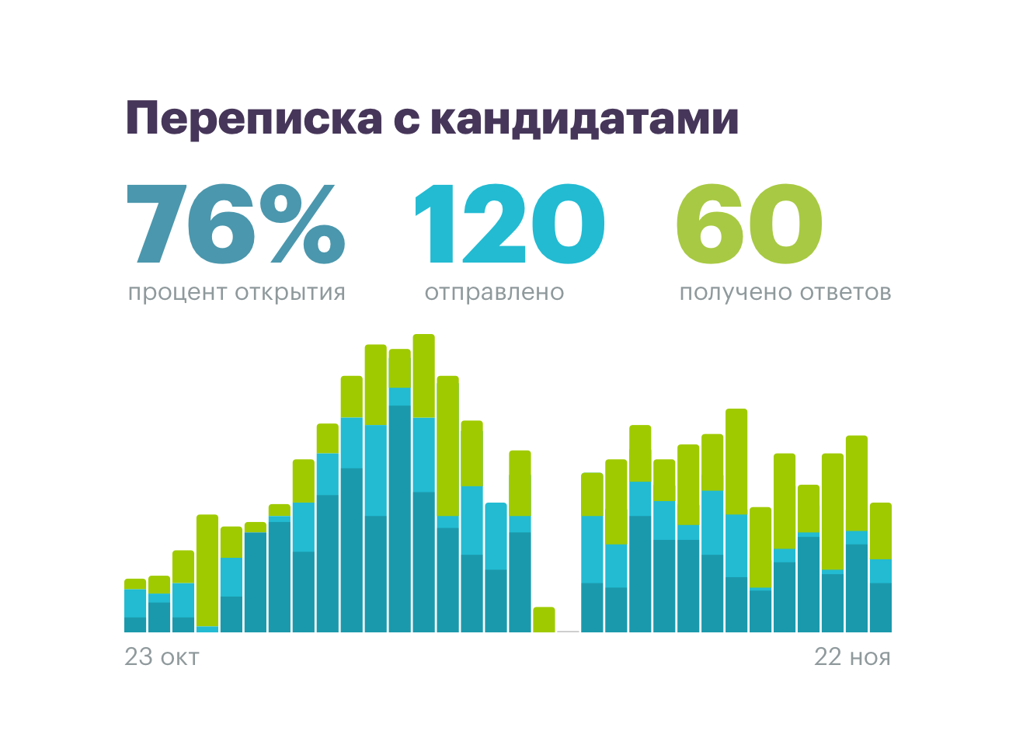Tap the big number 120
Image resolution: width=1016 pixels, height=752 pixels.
pos(509,224)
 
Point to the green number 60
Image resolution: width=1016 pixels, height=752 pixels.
pos(749,224)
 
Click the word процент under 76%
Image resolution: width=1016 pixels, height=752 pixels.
pos(177,293)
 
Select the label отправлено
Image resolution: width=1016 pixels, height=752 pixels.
pos(494,293)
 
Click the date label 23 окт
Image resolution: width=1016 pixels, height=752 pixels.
pos(162,657)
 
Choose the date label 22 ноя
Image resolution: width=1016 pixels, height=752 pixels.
pos(852,657)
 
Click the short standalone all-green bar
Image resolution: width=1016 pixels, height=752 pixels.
pos(544,619)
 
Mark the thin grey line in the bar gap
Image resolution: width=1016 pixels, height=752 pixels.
pos(568,631)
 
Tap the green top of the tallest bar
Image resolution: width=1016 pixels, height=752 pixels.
pos(423,376)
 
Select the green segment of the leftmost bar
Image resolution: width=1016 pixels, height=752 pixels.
pos(135,584)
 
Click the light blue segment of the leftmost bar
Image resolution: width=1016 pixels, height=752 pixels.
pos(135,603)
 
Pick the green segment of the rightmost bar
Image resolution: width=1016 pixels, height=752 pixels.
pos(880,531)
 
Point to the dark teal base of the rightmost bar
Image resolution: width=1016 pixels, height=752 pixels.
pos(880,608)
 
